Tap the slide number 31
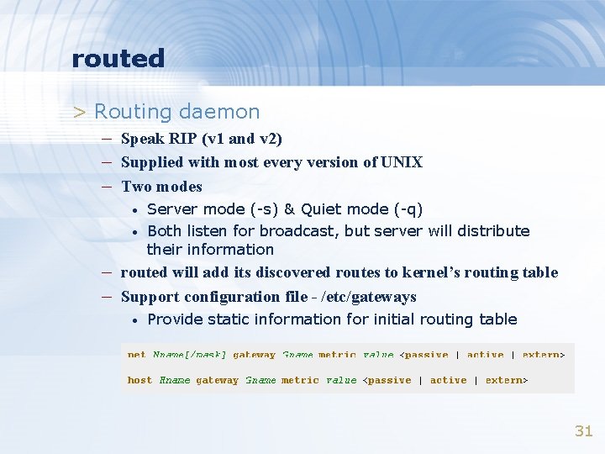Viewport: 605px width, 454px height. [583, 431]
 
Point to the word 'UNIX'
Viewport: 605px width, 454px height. [402, 162]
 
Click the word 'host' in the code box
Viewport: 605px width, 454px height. [139, 380]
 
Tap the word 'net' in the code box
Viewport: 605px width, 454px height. [136, 355]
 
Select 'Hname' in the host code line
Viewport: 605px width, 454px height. [175, 380]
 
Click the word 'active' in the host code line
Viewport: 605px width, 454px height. [448, 380]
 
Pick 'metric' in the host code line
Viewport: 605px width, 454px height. [300, 380]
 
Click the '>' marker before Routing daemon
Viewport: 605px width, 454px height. [79, 112]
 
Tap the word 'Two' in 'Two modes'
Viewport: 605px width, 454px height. [135, 186]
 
